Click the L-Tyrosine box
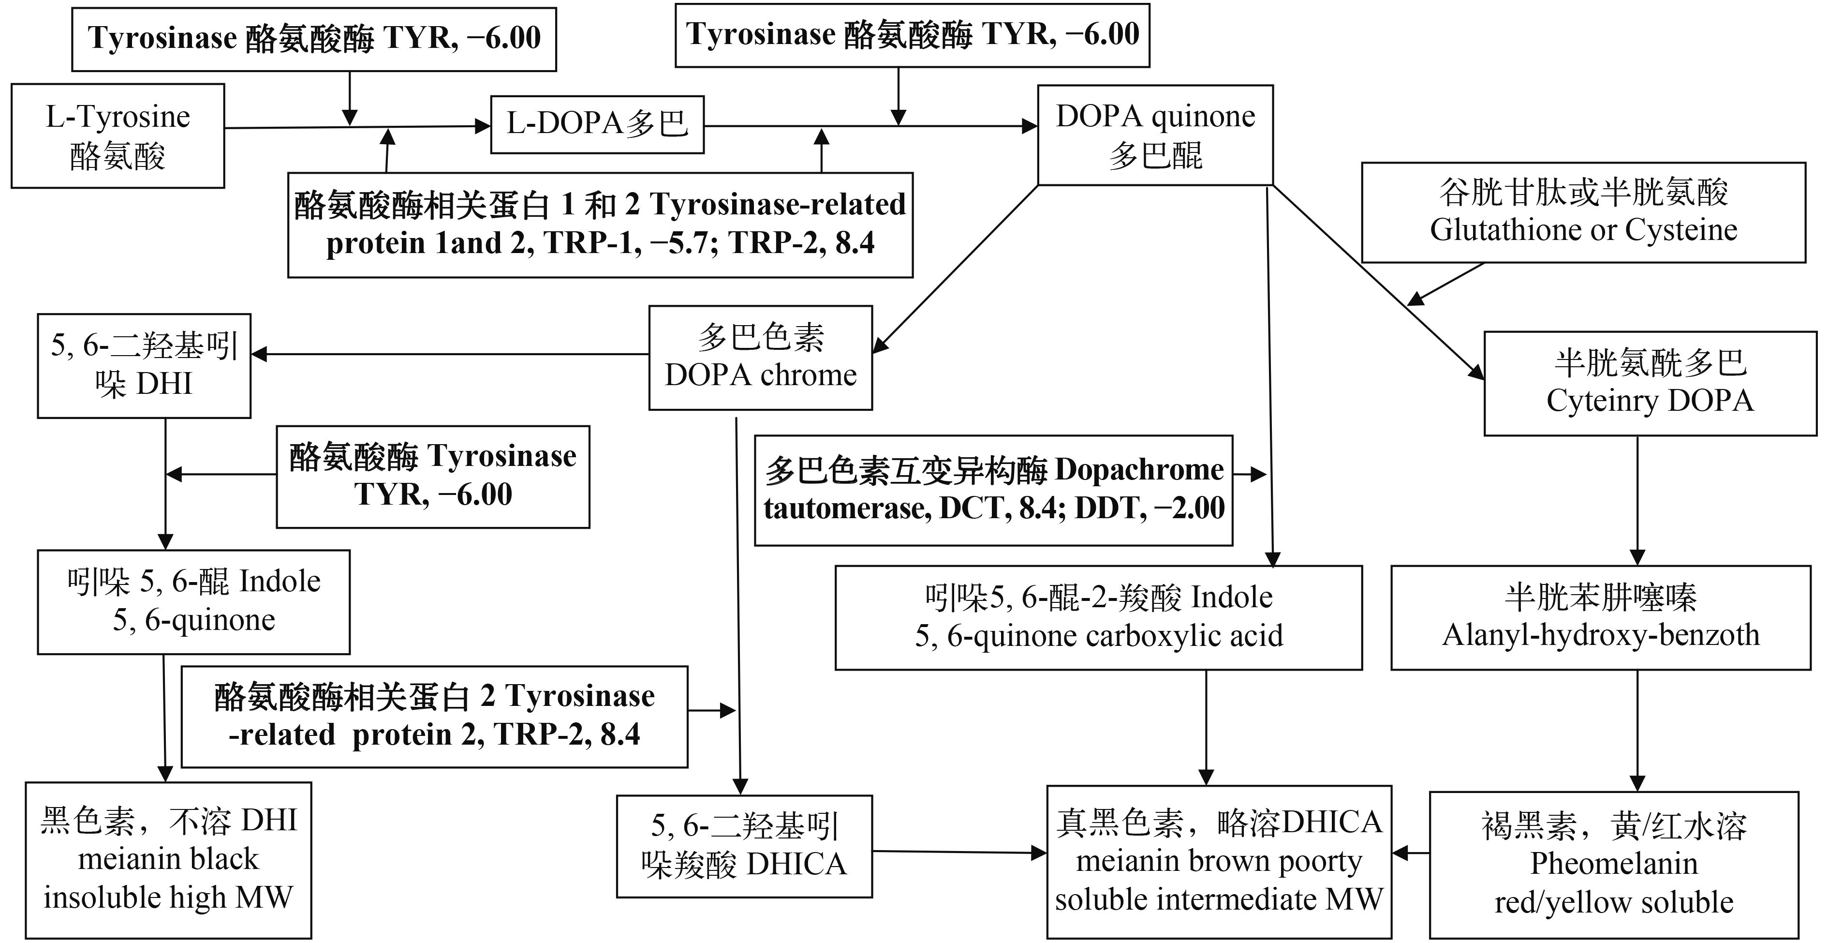tap(118, 135)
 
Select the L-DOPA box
tap(597, 124)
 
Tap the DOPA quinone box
tap(1154, 135)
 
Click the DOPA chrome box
tap(760, 357)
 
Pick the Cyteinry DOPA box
tap(1650, 384)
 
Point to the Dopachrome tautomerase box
tap(993, 490)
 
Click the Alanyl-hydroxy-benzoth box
tap(1601, 617)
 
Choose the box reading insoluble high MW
tap(168, 860)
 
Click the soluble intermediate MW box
tap(1219, 861)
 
